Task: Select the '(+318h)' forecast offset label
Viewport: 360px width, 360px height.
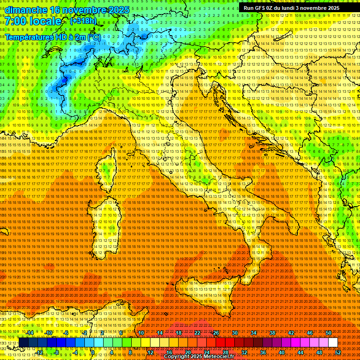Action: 83,21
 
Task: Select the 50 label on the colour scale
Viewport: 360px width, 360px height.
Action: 328,333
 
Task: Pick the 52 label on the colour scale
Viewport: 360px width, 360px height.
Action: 337,352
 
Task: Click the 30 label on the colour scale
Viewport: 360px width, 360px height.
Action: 234,333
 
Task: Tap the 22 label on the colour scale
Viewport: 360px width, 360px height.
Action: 197,333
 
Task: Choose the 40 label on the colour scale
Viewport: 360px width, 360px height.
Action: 281,352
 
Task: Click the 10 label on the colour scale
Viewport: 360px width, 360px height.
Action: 141,333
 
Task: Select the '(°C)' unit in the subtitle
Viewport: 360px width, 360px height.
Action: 94,37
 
